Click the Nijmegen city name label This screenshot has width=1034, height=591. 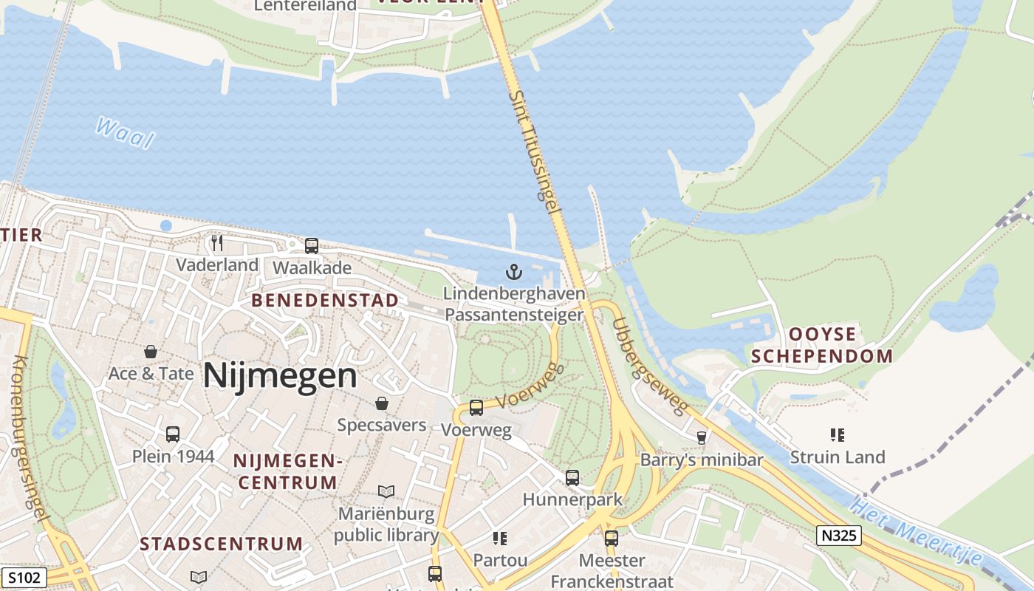pyautogui.click(x=280, y=375)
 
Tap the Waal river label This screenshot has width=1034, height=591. pyautogui.click(x=125, y=133)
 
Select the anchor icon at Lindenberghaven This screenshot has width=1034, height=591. pyautogui.click(x=514, y=273)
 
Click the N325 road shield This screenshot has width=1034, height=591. pyautogui.click(x=840, y=536)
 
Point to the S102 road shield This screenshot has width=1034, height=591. pyautogui.click(x=24, y=577)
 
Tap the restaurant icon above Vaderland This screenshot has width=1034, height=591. pyautogui.click(x=217, y=243)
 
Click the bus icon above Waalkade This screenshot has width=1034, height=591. pyautogui.click(x=312, y=246)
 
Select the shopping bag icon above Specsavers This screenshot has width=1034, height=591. pyautogui.click(x=382, y=403)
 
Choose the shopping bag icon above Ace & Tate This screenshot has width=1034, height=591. pyautogui.click(x=151, y=352)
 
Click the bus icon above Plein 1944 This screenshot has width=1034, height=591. pyautogui.click(x=173, y=434)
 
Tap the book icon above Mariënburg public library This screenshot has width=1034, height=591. pyautogui.click(x=386, y=491)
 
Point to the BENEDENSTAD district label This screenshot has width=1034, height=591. pyautogui.click(x=325, y=301)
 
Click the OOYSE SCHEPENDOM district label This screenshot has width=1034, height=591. pyautogui.click(x=821, y=345)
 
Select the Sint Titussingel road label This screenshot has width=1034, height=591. pyautogui.click(x=534, y=151)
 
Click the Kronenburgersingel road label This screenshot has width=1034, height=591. pyautogui.click(x=30, y=440)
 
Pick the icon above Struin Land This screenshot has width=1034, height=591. pyautogui.click(x=837, y=435)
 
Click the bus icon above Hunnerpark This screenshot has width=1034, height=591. pyautogui.click(x=572, y=478)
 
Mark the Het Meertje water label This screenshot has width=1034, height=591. pyautogui.click(x=916, y=533)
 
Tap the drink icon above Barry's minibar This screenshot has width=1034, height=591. pyautogui.click(x=702, y=438)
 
